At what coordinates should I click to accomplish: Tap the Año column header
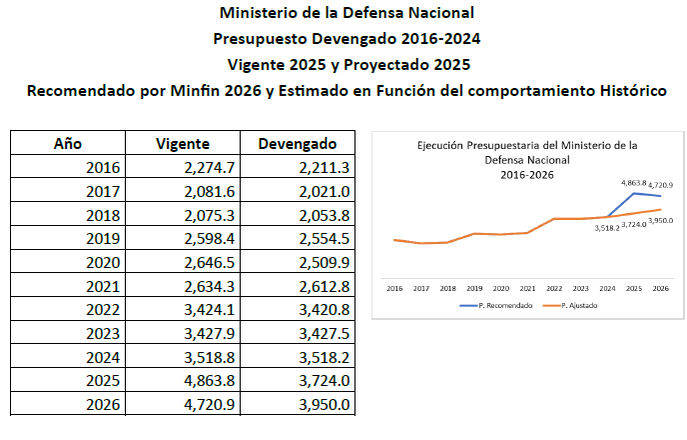66,143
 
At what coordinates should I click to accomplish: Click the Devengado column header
298,143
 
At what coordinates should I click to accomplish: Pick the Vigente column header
182,143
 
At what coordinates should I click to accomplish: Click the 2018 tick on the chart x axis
447,286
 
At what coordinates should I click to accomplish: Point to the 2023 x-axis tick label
581,286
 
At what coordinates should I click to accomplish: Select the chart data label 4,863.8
634,184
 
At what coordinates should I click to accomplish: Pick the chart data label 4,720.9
660,185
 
